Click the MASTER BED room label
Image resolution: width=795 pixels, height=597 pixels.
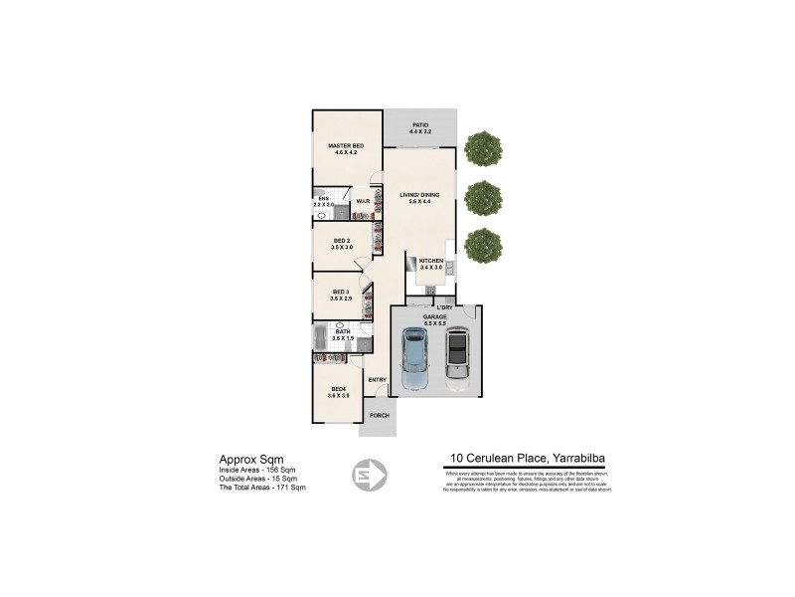pyautogui.click(x=346, y=146)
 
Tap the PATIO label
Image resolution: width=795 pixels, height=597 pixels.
pyautogui.click(x=420, y=125)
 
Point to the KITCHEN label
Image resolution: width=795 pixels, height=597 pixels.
pyautogui.click(x=430, y=261)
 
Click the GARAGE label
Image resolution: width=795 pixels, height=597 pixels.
pyautogui.click(x=435, y=316)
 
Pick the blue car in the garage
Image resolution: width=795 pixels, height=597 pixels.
pyautogui.click(x=413, y=359)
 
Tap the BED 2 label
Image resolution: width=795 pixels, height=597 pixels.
pyautogui.click(x=341, y=241)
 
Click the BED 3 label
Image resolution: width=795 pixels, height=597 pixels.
pyautogui.click(x=341, y=292)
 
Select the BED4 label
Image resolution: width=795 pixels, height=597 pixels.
pyautogui.click(x=338, y=388)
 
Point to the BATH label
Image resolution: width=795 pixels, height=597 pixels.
pyautogui.click(x=343, y=332)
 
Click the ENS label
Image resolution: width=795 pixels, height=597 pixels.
pyautogui.click(x=323, y=199)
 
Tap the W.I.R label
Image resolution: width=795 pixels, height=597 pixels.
pyautogui.click(x=363, y=202)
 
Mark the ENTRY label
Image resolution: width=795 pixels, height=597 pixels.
pyautogui.click(x=377, y=379)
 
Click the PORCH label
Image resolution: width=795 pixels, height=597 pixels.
pyautogui.click(x=378, y=415)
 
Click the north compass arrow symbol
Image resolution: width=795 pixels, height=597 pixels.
pyautogui.click(x=370, y=475)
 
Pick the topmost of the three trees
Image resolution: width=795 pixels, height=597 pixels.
pyautogui.click(x=483, y=149)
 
